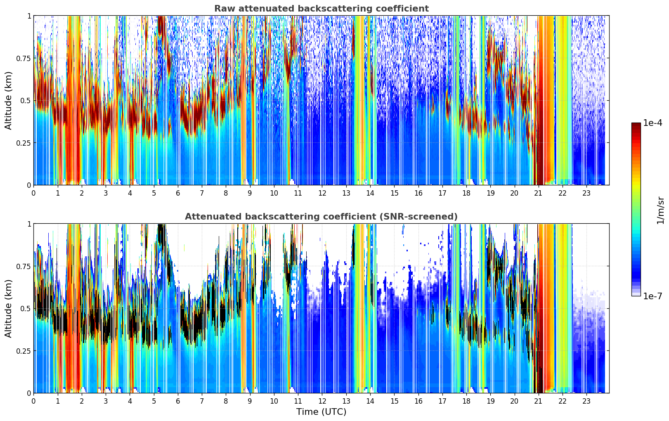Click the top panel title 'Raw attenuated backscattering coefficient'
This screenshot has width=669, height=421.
coord(321,9)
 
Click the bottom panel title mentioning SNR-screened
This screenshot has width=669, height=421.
coord(321,217)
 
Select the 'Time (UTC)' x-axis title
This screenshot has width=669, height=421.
coord(321,412)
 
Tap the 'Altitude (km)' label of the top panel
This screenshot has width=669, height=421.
coord(9,100)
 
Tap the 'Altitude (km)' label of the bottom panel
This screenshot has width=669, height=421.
coord(9,308)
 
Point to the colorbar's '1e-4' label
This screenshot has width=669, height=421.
coord(652,123)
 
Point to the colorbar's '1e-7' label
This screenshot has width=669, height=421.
coord(652,296)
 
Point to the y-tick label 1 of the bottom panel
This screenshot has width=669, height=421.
coord(29,224)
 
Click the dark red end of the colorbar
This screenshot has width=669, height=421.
coord(636,125)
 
